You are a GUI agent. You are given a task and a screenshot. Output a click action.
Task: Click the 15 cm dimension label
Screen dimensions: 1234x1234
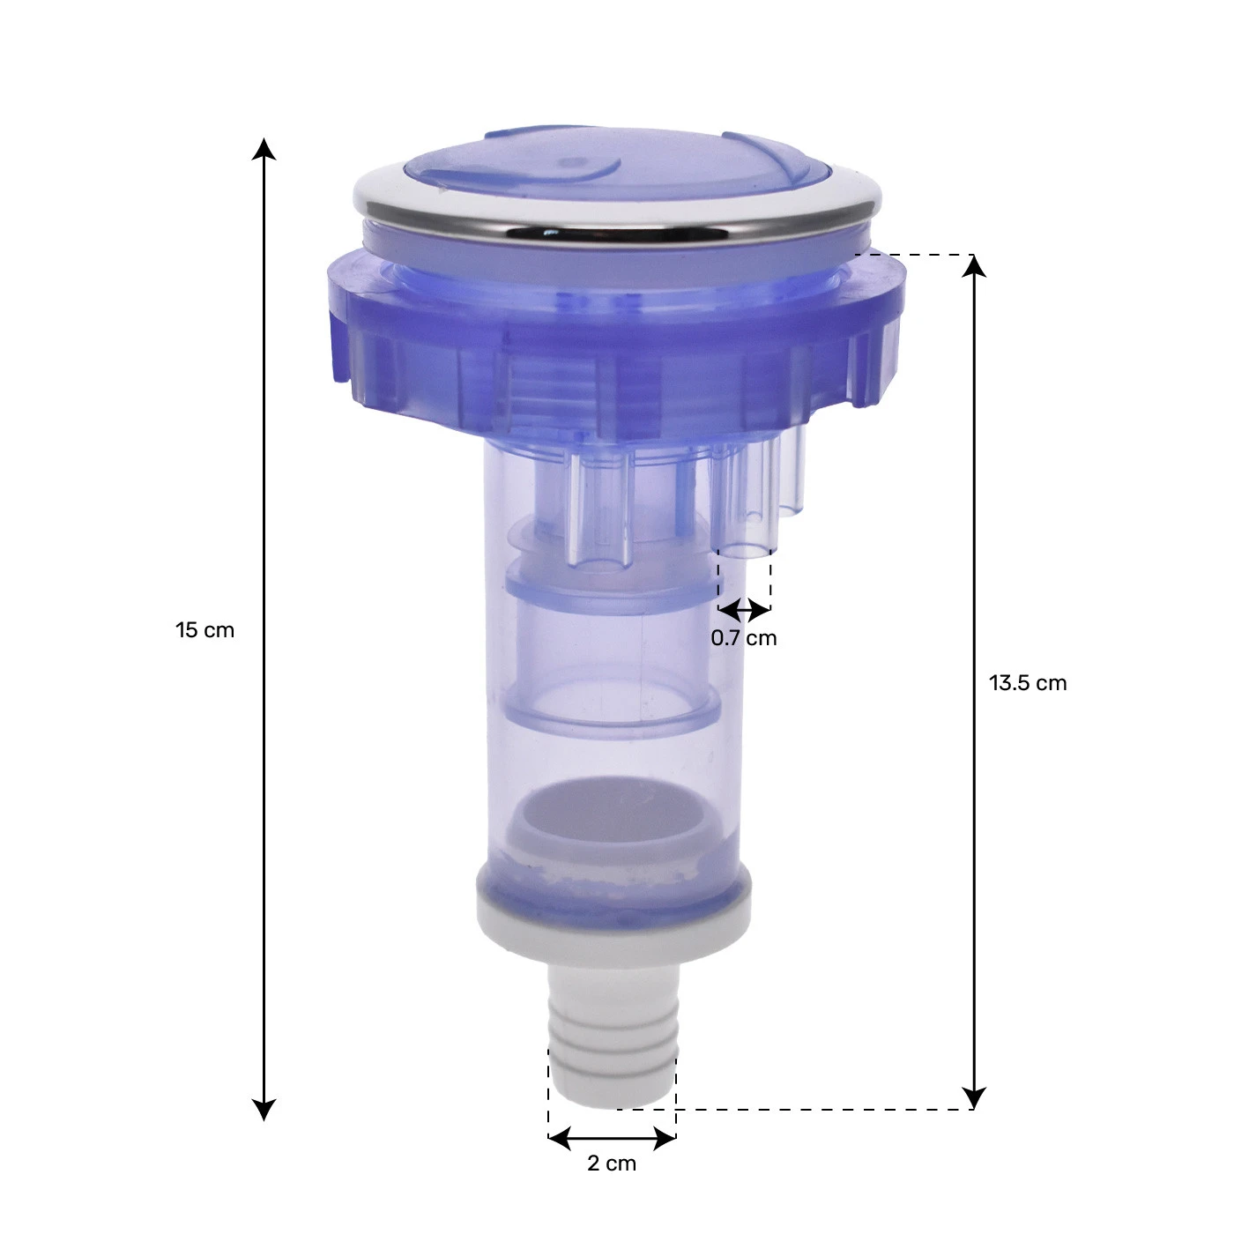(x=204, y=630)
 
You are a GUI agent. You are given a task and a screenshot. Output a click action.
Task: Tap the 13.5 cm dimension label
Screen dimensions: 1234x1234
(x=1028, y=683)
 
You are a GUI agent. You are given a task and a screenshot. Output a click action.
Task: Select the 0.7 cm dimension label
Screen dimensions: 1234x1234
(x=743, y=638)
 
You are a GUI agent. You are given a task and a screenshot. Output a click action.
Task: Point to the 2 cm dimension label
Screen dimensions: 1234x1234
(x=612, y=1163)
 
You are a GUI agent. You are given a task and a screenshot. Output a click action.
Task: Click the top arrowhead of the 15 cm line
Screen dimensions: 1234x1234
(x=264, y=149)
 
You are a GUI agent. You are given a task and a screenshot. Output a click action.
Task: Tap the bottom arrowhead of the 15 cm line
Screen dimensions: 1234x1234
(x=264, y=1109)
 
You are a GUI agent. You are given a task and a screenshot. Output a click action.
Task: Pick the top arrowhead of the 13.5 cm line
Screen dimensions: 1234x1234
(x=974, y=267)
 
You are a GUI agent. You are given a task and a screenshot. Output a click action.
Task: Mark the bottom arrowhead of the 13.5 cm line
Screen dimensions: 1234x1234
(x=974, y=1097)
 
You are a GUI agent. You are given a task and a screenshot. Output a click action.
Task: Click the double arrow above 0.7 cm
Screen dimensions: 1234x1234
(x=745, y=610)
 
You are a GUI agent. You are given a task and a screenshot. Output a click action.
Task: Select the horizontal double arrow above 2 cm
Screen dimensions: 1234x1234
(x=613, y=1138)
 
